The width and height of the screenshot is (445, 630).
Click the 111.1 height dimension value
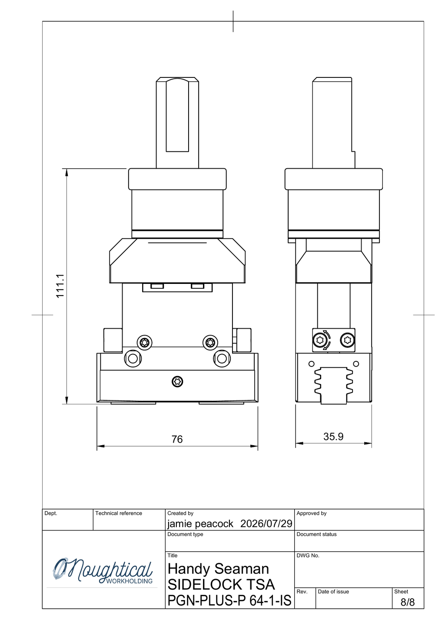point(60,286)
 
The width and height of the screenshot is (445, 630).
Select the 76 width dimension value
point(177,439)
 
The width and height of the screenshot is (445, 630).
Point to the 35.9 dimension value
point(333,437)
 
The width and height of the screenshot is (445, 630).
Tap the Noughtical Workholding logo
point(103,571)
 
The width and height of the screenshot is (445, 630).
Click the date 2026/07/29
point(266,523)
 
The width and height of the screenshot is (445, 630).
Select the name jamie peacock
point(200,524)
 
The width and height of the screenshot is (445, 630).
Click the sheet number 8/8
point(408,602)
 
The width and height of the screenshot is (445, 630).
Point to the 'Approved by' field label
point(312,513)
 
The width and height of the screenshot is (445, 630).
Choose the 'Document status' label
point(316,534)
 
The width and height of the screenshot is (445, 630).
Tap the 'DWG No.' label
point(308,556)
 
